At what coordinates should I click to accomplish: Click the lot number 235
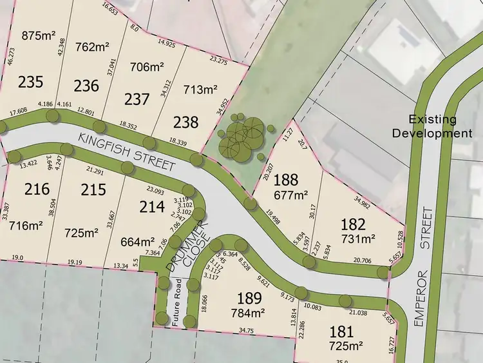30,83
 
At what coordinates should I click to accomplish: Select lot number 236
86,86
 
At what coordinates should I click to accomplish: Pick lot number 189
249,299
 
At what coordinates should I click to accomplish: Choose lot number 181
342,333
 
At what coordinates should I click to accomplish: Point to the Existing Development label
441,126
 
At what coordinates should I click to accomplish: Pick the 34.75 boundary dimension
244,330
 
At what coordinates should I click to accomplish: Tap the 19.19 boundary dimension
76,262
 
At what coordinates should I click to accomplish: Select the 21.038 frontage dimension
358,313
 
